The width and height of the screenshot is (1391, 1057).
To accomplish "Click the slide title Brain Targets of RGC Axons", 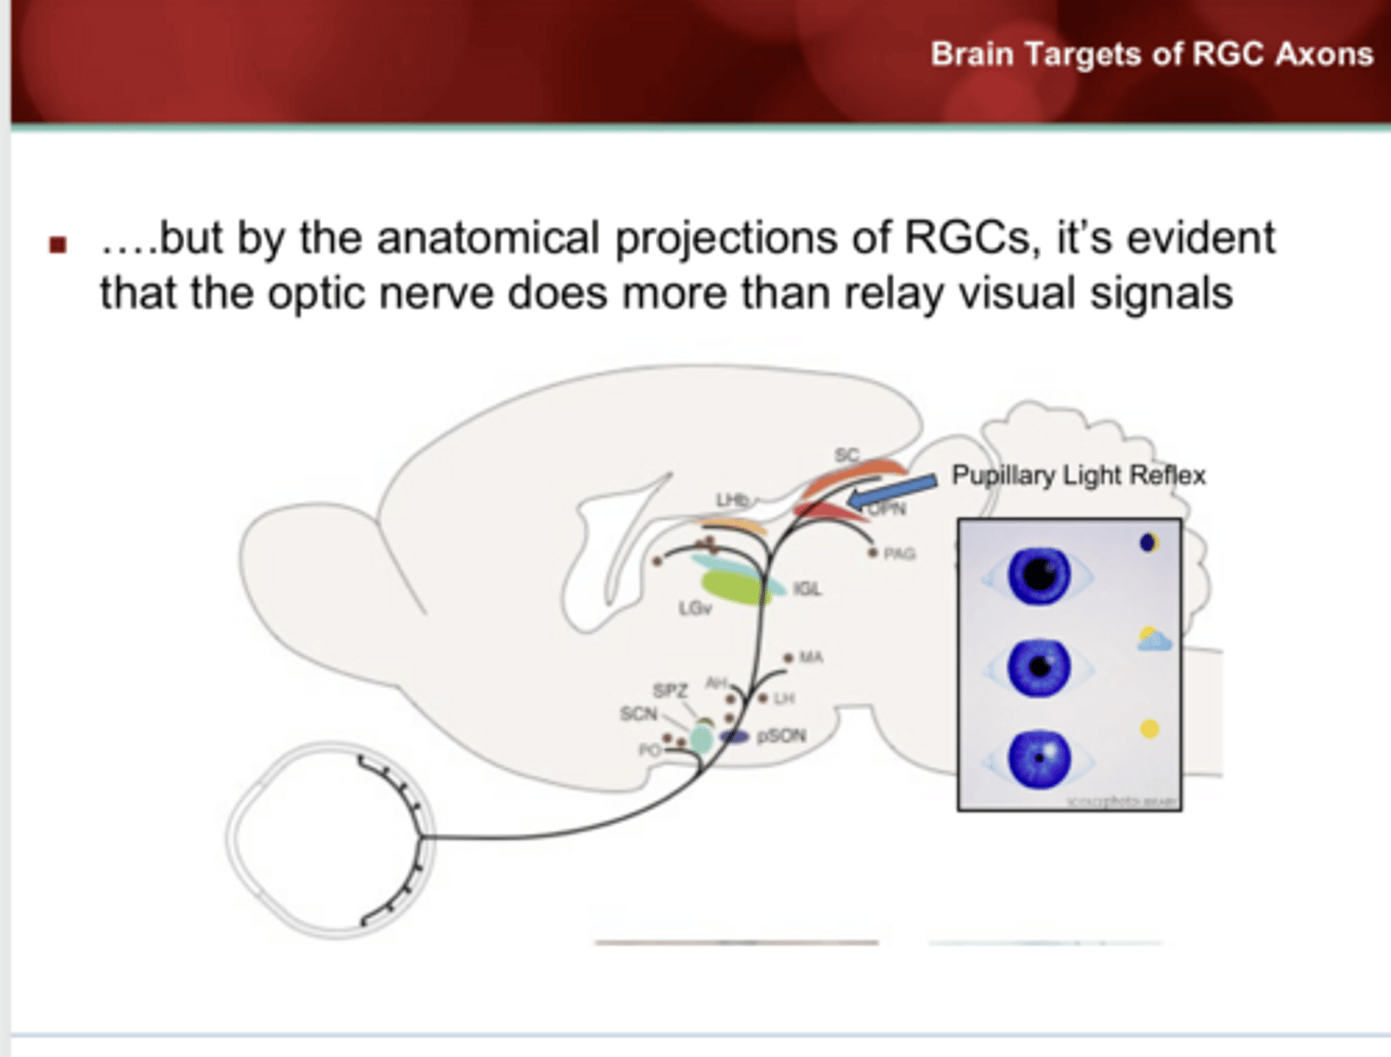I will point(1150,54).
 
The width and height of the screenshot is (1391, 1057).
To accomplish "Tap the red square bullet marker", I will point(58,244).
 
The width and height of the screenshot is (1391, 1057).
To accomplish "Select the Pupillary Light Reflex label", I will point(1078,475).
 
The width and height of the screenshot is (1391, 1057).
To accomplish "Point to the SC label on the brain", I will point(846,454).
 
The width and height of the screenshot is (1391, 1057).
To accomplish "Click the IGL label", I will point(807,588).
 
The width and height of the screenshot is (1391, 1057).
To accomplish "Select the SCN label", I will point(638,714).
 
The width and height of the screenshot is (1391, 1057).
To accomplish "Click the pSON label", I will point(781,736).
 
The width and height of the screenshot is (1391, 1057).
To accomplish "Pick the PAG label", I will point(898,554).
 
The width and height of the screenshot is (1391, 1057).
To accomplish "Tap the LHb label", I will point(731,500).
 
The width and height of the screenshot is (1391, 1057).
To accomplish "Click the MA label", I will point(810,657).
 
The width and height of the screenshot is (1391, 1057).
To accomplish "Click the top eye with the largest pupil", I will point(1038,576).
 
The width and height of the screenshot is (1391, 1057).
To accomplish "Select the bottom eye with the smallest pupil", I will point(1038,758).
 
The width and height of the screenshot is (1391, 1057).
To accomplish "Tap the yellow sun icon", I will point(1149,728).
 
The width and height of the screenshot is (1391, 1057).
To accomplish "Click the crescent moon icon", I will point(1148,542).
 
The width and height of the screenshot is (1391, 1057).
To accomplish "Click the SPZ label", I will point(669,691).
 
